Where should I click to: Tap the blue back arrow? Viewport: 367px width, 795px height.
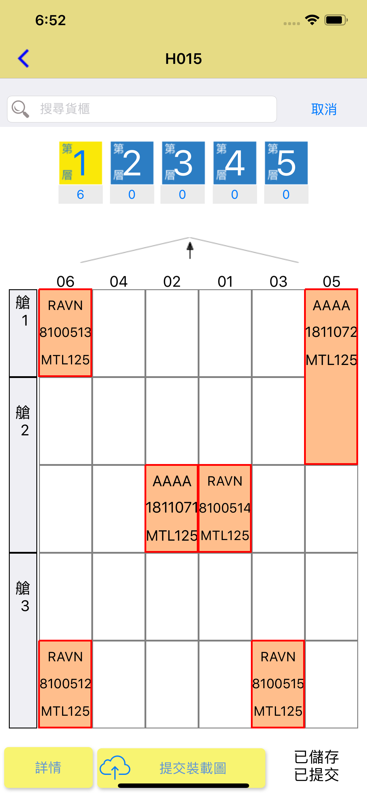point(23,58)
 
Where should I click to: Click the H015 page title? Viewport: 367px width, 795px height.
point(183,59)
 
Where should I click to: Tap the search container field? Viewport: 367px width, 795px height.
point(142,109)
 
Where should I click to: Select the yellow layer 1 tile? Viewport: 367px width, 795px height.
point(80,163)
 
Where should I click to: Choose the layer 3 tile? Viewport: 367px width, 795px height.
point(183,163)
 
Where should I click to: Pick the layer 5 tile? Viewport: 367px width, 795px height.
point(286,163)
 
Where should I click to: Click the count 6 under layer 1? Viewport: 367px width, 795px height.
point(80,194)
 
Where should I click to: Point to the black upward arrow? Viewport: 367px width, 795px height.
point(190,250)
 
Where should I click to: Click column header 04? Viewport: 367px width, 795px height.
point(119,282)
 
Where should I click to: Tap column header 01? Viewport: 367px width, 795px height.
point(225,282)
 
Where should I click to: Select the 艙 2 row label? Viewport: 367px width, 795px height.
point(23,465)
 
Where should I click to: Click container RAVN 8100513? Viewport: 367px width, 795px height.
point(65,333)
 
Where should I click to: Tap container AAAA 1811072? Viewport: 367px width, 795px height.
point(331,377)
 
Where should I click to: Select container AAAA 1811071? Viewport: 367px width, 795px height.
point(171,508)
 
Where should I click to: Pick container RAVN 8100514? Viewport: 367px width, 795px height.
point(225,508)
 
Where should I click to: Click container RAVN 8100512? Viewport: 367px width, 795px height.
point(65,684)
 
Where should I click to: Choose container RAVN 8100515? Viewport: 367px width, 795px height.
point(278,684)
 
